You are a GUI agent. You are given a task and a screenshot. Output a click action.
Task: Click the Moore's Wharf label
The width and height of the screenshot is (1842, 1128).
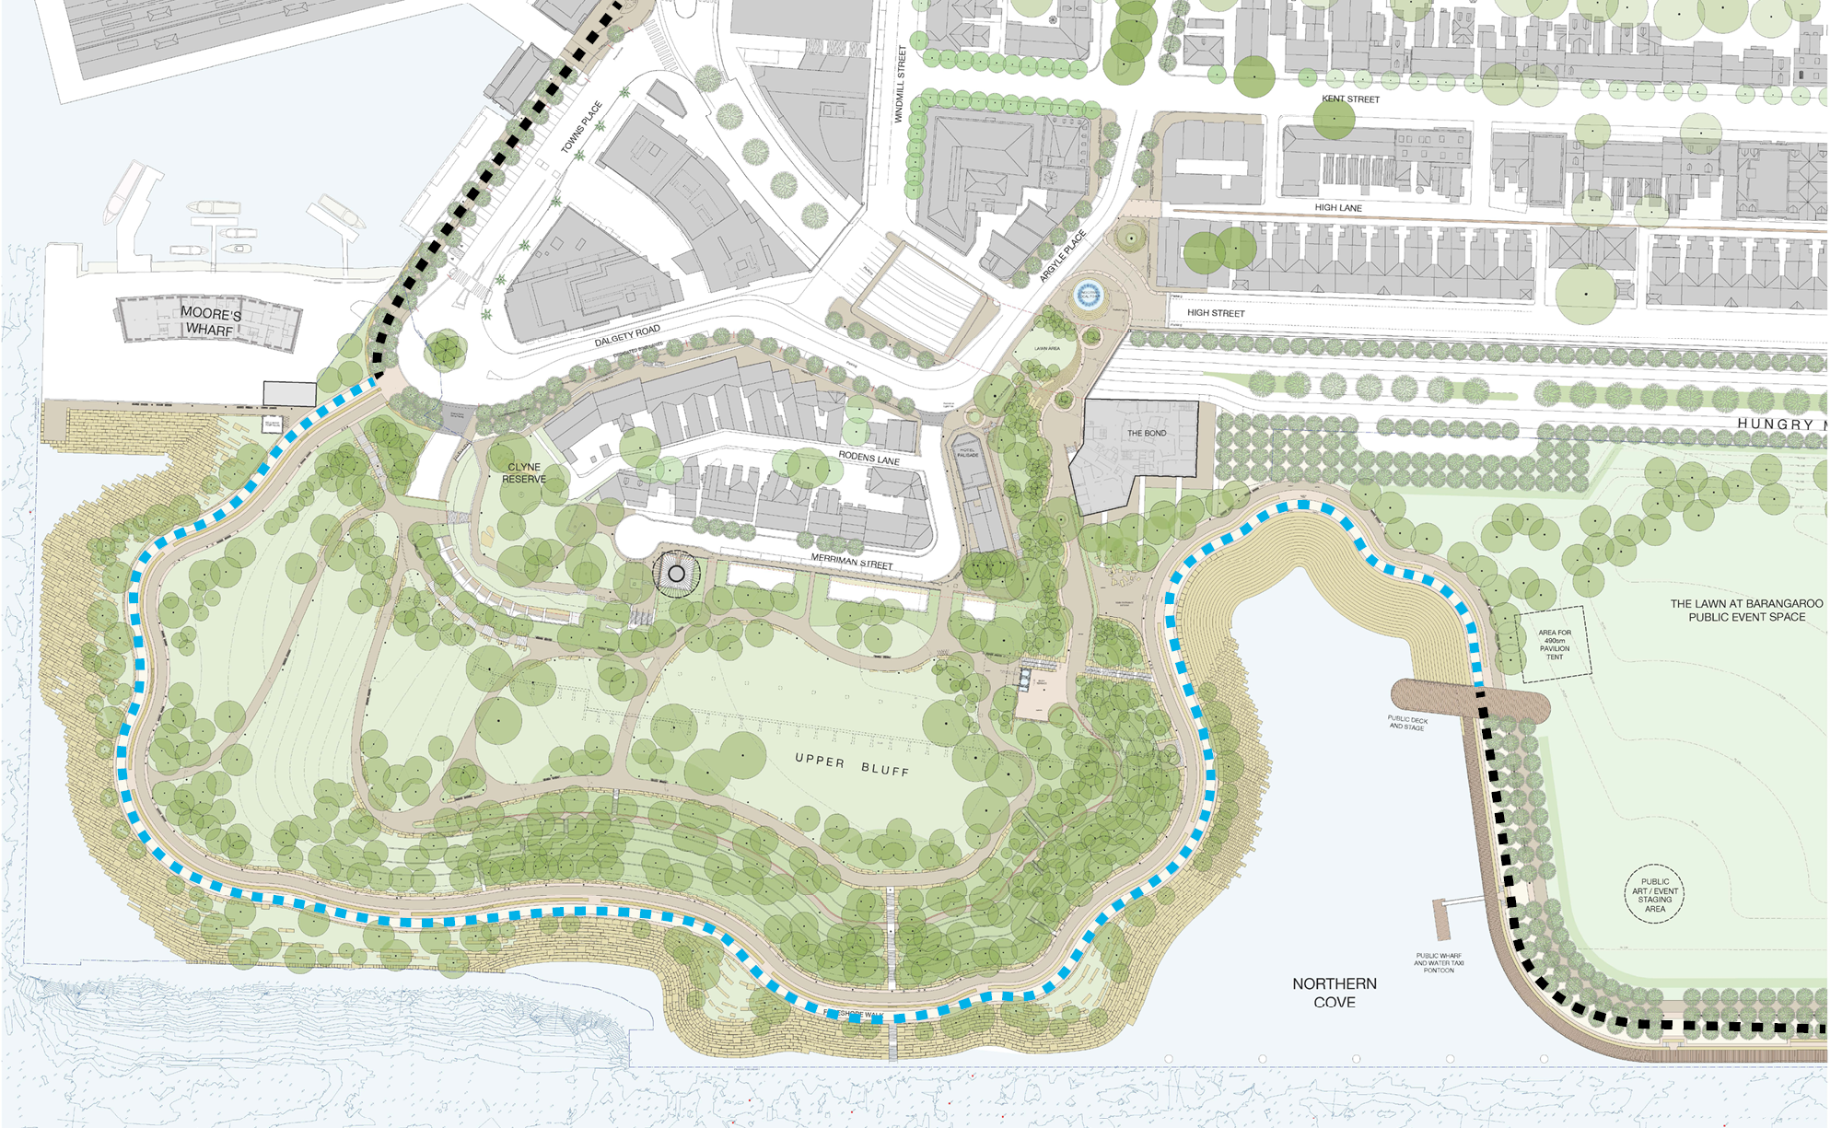(x=210, y=321)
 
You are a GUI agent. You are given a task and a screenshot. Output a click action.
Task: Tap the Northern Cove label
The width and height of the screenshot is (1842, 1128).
(x=1335, y=993)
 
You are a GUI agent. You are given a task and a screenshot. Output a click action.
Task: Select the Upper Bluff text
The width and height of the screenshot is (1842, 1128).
(x=852, y=764)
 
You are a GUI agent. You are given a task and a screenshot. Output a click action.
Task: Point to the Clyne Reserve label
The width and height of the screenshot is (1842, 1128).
(x=524, y=473)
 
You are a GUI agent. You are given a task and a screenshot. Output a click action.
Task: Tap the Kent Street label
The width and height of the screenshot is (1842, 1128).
(x=1350, y=99)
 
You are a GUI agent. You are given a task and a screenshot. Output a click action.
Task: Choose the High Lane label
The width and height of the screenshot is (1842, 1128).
(x=1338, y=208)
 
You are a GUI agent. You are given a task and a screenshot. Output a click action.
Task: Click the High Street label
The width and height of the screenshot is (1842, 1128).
(x=1216, y=313)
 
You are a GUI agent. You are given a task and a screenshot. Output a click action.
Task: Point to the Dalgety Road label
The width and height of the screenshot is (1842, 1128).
(x=627, y=336)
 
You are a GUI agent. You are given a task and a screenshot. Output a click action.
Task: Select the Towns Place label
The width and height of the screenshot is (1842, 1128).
(x=582, y=127)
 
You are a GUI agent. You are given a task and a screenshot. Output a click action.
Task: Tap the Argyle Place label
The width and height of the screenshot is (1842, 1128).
(x=1063, y=256)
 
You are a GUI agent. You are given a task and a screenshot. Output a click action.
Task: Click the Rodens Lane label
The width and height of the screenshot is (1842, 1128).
(x=869, y=458)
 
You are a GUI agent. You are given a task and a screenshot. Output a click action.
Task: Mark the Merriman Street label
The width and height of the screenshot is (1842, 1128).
(x=852, y=561)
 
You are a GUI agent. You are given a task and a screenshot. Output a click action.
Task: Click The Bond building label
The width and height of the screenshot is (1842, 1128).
(x=1147, y=433)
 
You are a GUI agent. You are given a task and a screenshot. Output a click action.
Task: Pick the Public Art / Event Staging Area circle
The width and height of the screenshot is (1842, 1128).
(x=1654, y=894)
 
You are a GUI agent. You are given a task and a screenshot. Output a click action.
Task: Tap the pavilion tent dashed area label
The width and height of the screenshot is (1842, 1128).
(x=1555, y=645)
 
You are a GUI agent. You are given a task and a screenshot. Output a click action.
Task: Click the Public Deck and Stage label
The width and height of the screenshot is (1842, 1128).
(x=1407, y=723)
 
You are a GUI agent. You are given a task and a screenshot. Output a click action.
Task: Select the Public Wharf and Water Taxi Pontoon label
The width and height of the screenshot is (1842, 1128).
(x=1439, y=962)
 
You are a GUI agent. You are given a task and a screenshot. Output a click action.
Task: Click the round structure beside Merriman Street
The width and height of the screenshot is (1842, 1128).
(x=677, y=574)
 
